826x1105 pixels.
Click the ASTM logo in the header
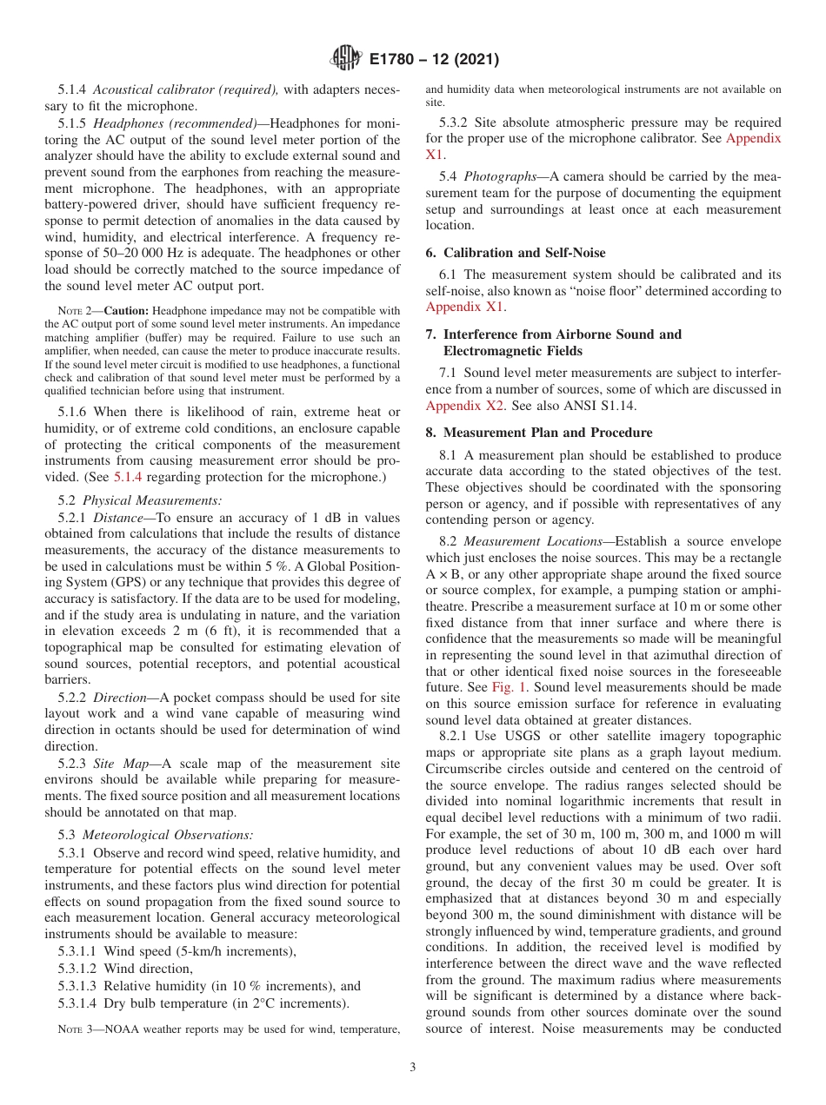coord(345,60)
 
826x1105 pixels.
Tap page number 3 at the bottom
coord(413,1068)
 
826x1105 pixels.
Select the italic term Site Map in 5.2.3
coord(123,764)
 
